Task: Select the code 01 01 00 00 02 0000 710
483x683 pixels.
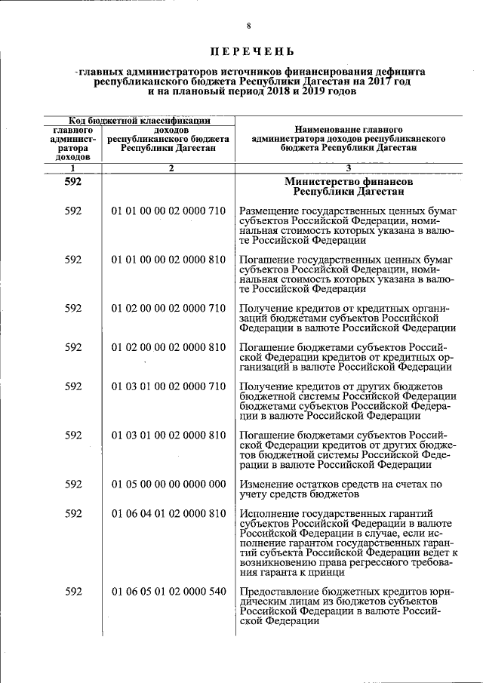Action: (168, 211)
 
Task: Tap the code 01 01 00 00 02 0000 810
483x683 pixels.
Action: (168, 260)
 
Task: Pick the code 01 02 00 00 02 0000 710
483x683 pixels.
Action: (168, 308)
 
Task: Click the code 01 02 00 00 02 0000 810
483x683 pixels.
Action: (168, 347)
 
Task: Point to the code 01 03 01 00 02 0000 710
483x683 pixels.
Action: (168, 386)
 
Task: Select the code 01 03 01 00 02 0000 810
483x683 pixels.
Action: (168, 435)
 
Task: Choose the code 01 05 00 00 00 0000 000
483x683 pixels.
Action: (168, 485)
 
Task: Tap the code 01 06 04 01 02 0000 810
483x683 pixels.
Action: (168, 514)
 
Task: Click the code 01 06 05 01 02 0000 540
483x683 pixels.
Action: (168, 592)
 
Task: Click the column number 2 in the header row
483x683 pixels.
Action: (171, 168)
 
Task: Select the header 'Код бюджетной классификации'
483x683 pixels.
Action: (140, 120)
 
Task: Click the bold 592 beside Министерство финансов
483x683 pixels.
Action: (73, 182)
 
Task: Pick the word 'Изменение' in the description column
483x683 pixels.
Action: (265, 485)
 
